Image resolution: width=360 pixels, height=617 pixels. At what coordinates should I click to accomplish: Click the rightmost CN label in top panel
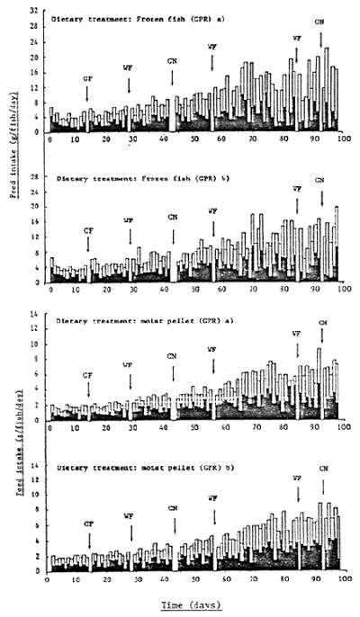(x=321, y=21)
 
